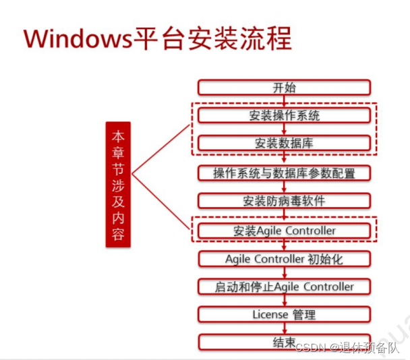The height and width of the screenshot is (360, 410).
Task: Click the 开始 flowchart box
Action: point(284,88)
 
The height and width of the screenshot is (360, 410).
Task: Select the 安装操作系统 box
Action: point(284,115)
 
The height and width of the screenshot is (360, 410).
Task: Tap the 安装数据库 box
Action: point(284,144)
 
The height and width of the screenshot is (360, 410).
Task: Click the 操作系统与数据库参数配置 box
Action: point(284,173)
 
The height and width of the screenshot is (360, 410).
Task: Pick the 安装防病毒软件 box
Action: point(284,201)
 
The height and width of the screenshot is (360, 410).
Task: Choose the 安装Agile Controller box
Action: point(284,231)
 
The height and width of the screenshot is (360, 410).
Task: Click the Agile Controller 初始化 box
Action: point(284,259)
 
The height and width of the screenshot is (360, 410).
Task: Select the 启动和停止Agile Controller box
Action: point(284,287)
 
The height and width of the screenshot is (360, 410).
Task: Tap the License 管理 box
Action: point(284,314)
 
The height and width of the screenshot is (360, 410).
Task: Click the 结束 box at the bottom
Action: point(284,342)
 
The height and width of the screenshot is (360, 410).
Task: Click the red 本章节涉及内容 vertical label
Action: point(118,184)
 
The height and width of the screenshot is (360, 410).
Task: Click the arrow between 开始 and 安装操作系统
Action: point(284,101)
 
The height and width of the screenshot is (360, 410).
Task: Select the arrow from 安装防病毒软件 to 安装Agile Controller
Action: point(284,216)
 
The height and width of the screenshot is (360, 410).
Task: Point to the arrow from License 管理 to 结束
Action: point(284,328)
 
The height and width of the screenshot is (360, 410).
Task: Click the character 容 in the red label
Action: point(118,235)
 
